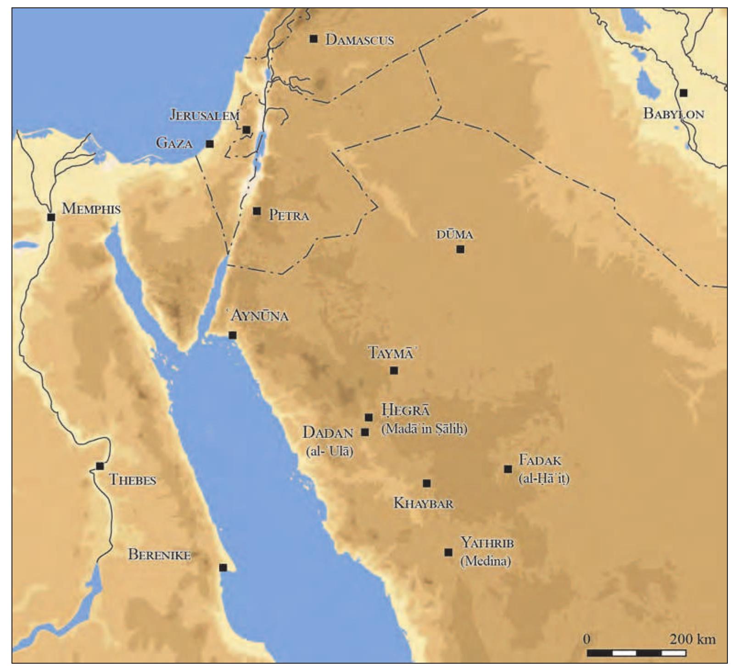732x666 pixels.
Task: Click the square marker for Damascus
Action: click(x=313, y=39)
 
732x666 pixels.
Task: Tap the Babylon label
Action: click(x=673, y=113)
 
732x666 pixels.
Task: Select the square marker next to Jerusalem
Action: click(x=246, y=130)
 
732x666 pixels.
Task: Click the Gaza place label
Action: click(x=174, y=143)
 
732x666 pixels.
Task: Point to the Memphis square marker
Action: click(x=51, y=217)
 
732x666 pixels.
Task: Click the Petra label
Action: click(x=289, y=215)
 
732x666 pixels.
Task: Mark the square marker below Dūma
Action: click(x=460, y=249)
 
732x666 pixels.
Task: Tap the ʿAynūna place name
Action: click(x=260, y=316)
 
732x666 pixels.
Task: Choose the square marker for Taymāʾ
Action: click(x=394, y=370)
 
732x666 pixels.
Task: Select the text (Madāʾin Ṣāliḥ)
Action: click(x=424, y=429)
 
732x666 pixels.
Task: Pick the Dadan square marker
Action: click(x=365, y=432)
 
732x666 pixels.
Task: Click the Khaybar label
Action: click(x=424, y=503)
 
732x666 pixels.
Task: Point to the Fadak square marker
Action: click(x=508, y=469)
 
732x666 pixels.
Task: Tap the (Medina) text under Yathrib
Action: click(x=485, y=561)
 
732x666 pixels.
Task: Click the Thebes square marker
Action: click(x=100, y=466)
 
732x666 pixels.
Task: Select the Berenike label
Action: click(x=159, y=554)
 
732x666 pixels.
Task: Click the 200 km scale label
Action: click(x=692, y=639)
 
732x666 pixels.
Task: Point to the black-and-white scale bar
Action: click(x=636, y=653)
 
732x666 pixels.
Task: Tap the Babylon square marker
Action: click(x=683, y=93)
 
